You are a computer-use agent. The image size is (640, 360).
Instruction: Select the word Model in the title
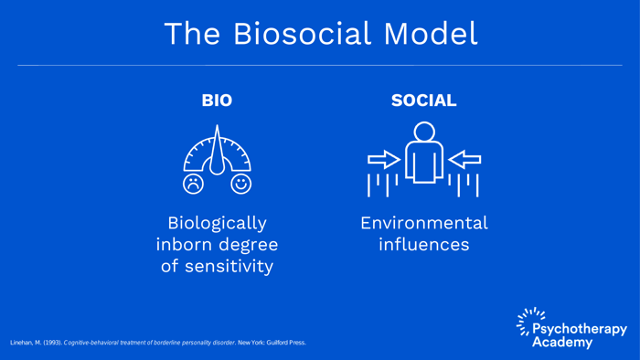[x=431, y=34]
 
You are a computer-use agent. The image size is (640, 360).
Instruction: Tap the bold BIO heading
[x=217, y=101]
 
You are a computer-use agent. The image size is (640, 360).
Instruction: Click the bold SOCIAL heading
[x=423, y=101]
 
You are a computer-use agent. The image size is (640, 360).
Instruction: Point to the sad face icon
[x=193, y=184]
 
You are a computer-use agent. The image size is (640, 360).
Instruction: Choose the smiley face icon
[x=240, y=184]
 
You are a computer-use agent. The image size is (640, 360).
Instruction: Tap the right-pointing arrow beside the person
[x=384, y=160]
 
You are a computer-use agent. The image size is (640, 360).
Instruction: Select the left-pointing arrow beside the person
[x=464, y=160]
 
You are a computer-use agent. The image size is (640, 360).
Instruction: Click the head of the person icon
[x=424, y=132]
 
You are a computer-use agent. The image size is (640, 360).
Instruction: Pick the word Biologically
[x=217, y=223]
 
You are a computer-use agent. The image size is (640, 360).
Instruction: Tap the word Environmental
[x=423, y=223]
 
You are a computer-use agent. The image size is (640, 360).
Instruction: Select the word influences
[x=423, y=245]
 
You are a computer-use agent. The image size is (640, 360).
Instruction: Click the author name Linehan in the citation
[x=23, y=343]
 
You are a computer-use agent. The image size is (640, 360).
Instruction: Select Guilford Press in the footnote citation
[x=286, y=343]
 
